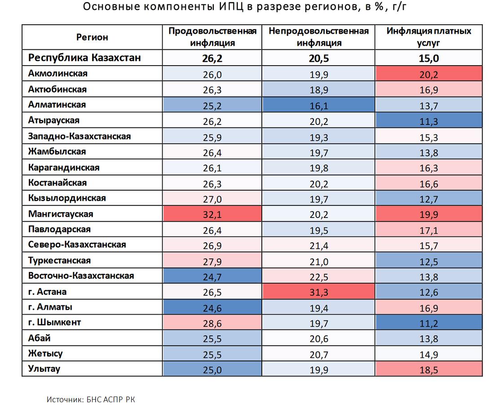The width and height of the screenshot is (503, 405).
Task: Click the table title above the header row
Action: (x=247, y=8)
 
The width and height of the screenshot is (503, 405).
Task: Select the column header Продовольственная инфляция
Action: (x=212, y=37)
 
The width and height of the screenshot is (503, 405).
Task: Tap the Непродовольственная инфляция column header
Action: (x=318, y=37)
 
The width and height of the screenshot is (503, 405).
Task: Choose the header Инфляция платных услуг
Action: (x=429, y=37)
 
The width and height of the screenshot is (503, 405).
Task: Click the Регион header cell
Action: (x=92, y=37)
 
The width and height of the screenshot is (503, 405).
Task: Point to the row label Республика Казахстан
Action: (x=84, y=58)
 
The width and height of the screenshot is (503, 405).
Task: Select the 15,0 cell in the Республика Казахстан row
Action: (x=429, y=58)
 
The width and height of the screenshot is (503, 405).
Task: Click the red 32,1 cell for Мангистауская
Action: (x=212, y=214)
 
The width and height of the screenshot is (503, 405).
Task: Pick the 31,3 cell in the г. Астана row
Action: (x=318, y=292)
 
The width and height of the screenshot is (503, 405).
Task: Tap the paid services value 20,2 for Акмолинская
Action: (x=429, y=74)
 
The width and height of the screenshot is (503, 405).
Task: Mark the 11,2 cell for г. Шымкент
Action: (x=429, y=323)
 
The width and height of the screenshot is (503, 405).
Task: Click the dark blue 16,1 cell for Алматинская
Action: (x=318, y=105)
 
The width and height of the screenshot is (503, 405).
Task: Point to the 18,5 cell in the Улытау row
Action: (x=429, y=370)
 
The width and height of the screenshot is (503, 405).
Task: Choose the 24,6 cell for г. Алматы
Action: (x=212, y=308)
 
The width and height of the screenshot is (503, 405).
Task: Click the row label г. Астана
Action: (x=47, y=292)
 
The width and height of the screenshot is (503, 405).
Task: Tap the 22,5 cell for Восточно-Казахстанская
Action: (x=318, y=276)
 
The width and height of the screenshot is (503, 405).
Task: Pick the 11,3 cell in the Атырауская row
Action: (x=429, y=121)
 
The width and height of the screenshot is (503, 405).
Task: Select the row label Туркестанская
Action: (x=59, y=261)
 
